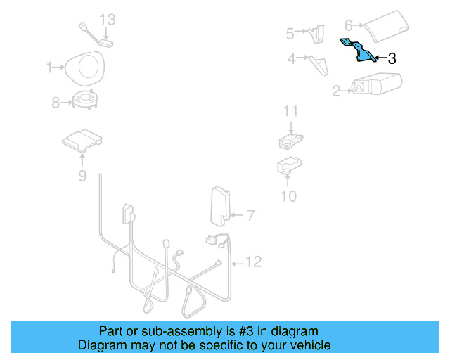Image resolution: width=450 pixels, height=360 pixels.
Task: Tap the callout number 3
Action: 392,59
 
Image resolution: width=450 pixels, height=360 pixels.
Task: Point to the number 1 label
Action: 50,67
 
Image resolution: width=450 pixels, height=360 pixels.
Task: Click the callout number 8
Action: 56,103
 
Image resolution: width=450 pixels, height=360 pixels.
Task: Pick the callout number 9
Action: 82,176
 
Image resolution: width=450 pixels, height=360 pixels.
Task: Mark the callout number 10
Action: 289,195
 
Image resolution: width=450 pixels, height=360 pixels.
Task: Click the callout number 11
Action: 291,111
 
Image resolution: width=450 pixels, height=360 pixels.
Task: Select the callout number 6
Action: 348,25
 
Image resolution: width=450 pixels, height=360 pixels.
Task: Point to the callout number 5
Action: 290,32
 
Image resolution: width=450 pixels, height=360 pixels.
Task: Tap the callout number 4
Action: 291,59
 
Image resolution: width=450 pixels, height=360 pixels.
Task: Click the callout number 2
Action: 336,90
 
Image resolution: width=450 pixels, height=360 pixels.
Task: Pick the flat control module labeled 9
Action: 82,141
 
